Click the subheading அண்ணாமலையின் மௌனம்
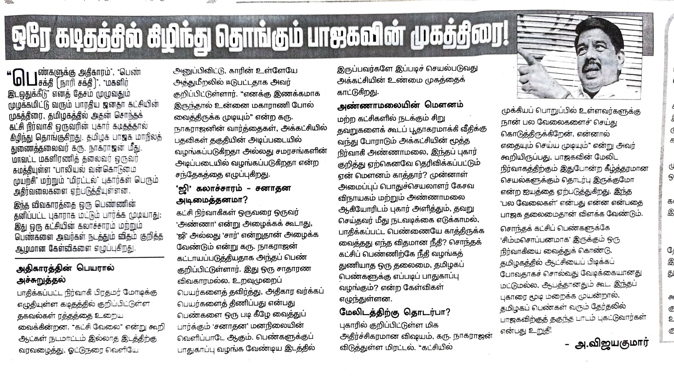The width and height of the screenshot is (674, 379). click(400, 105)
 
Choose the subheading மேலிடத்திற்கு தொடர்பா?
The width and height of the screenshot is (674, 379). click(394, 312)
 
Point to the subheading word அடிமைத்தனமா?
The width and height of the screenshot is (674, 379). click(212, 200)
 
